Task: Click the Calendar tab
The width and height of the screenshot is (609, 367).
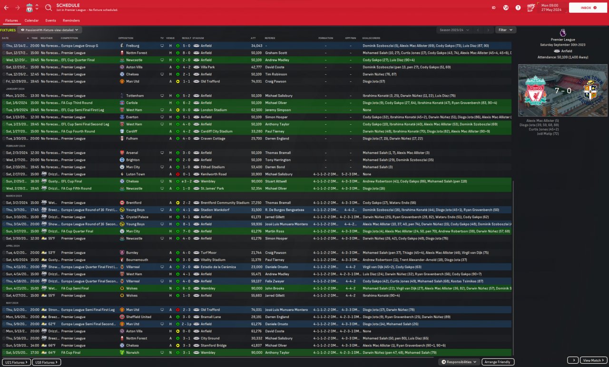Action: pyautogui.click(x=31, y=20)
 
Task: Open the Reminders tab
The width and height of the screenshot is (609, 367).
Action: pyautogui.click(x=71, y=20)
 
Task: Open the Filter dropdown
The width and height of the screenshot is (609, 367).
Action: pyautogui.click(x=505, y=30)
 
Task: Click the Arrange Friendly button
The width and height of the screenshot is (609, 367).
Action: pyautogui.click(x=498, y=362)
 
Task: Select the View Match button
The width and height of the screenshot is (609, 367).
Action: pyautogui.click(x=595, y=360)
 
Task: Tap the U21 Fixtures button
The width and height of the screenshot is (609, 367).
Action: pyautogui.click(x=16, y=362)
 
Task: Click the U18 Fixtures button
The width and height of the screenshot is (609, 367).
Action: pyautogui.click(x=47, y=362)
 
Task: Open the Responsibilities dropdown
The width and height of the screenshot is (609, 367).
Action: pyautogui.click(x=459, y=362)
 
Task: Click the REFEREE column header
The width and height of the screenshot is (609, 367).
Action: pyautogui.click(x=270, y=38)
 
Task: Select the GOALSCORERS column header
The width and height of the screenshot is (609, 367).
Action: pyautogui.click(x=371, y=38)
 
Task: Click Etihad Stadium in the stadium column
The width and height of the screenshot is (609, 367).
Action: pyautogui.click(x=212, y=167)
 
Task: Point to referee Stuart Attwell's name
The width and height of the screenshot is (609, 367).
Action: pyautogui.click(x=276, y=181)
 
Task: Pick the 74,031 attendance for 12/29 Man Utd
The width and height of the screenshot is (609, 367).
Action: pyautogui.click(x=256, y=81)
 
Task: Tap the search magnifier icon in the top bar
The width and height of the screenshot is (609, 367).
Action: pyautogui.click(x=49, y=8)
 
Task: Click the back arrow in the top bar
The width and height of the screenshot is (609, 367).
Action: pyautogui.click(x=6, y=8)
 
